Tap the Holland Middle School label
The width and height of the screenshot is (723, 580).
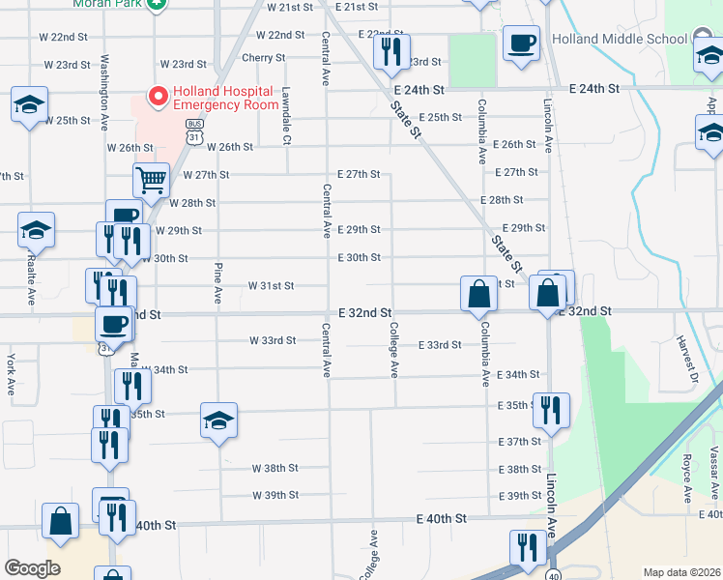620,40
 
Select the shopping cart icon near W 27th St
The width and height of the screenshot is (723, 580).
151,180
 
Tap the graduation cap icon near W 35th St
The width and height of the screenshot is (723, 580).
219,420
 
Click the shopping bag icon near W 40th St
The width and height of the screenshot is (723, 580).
61,520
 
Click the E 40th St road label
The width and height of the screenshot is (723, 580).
441,519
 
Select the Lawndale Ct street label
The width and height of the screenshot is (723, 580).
286,117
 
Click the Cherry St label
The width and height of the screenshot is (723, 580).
263,58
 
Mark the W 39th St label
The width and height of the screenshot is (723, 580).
275,496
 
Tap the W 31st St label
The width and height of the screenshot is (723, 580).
271,286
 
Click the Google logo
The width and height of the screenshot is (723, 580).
32,568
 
